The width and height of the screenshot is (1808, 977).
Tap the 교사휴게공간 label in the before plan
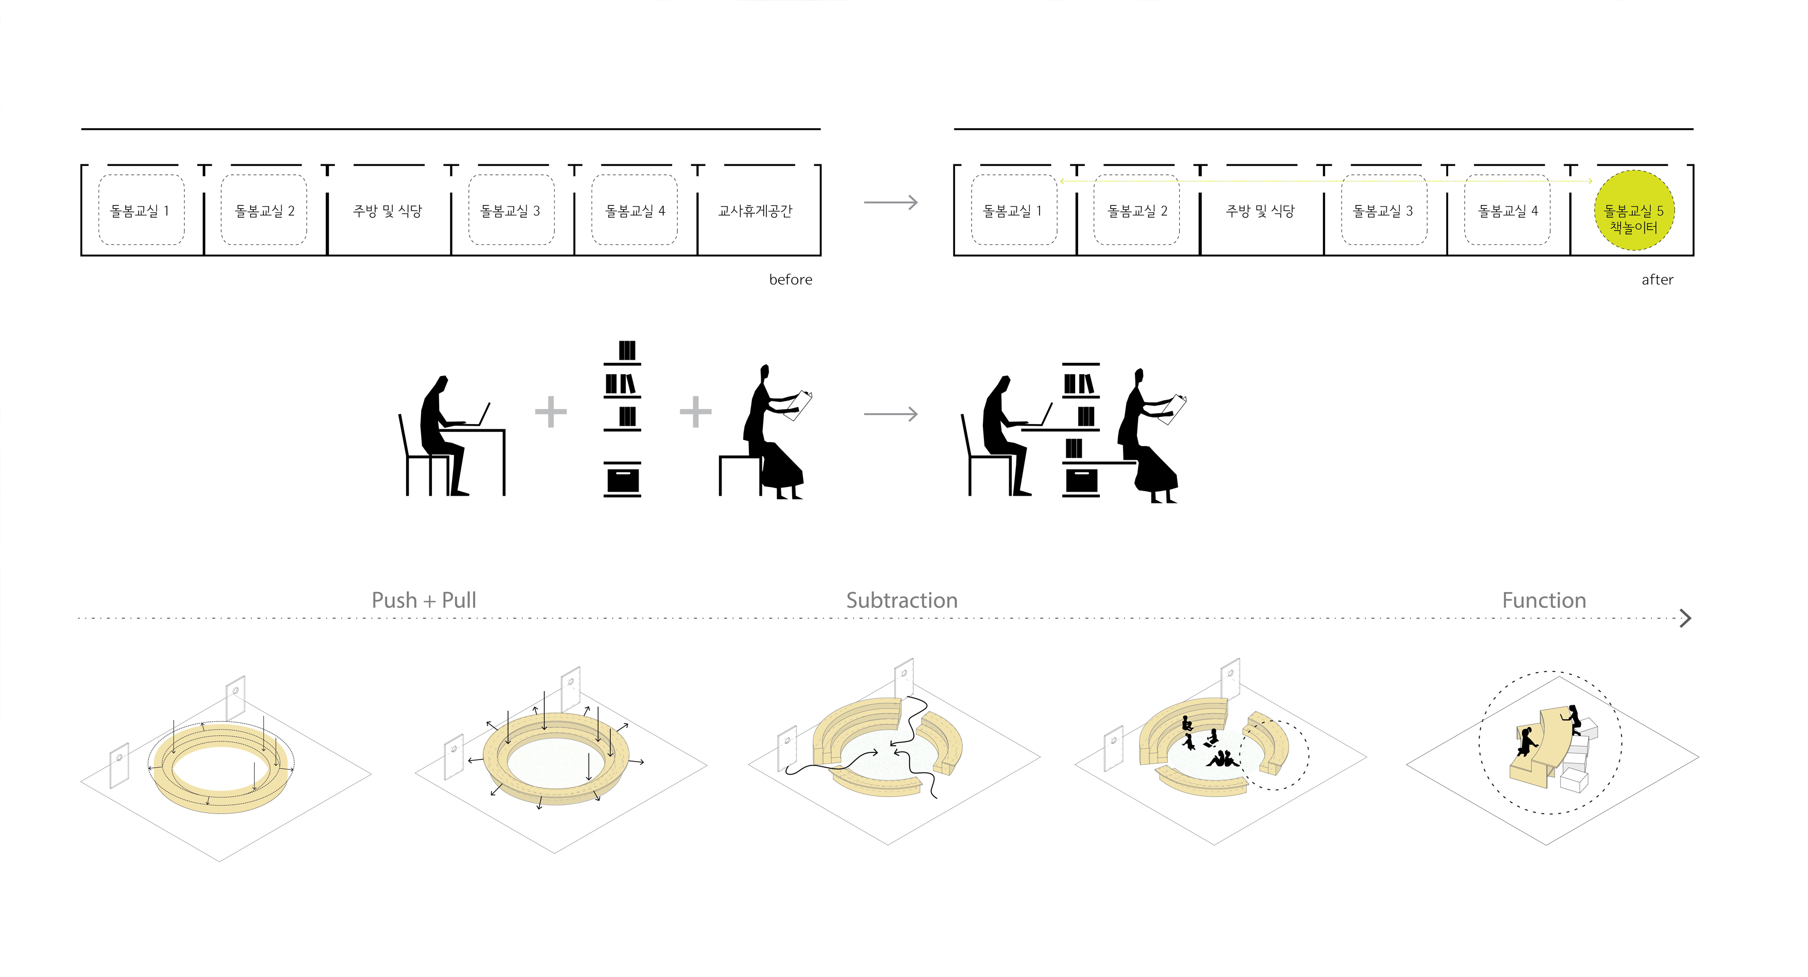755,211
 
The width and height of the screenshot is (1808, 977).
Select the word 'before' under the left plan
790,279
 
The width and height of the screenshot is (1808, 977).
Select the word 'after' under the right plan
1657,279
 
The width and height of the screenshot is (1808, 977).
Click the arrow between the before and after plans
891,203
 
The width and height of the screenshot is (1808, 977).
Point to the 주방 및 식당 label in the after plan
1260,211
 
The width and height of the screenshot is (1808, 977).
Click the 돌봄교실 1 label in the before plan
140,211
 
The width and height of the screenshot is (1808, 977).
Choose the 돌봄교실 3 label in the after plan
1383,211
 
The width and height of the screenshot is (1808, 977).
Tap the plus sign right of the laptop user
551,412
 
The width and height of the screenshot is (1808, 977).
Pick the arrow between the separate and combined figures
891,414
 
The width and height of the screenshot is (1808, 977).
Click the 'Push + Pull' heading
424,600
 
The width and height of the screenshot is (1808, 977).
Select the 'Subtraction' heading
901,600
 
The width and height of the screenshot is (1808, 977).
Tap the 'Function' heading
1544,600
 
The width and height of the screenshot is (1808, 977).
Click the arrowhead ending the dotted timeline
1685,618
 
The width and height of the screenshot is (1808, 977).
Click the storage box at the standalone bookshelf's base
623,481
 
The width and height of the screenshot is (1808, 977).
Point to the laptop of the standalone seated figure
482,415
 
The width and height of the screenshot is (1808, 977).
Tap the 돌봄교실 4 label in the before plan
635,211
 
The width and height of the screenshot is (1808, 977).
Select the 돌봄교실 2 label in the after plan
1137,211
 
